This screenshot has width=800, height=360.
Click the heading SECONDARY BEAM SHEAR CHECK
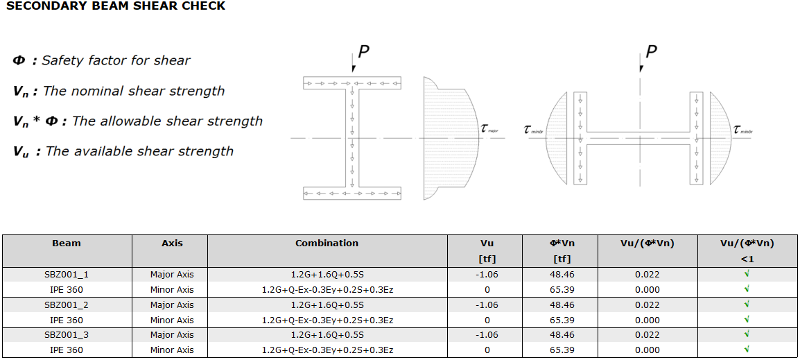coord(116,6)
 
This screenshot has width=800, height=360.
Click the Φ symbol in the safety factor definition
coord(19,61)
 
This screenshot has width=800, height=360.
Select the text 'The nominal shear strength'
coord(134,91)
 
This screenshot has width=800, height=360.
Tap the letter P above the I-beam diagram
coord(364,51)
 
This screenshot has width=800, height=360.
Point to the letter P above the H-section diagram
coord(651,51)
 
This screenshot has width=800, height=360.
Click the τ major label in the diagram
coord(489,128)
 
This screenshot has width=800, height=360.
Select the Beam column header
coord(67,243)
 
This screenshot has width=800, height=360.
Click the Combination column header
coord(327,243)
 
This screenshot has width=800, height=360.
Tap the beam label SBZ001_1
coord(67,275)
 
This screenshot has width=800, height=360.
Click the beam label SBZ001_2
coord(67,305)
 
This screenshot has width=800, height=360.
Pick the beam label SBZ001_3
coord(67,335)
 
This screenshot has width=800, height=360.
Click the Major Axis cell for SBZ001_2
coord(172,305)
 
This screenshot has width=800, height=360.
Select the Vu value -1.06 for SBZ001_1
coord(487,275)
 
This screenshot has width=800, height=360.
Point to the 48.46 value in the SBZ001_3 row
coord(562,335)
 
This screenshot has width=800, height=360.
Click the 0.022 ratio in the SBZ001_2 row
coord(647,305)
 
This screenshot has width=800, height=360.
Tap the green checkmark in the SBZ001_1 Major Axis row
coord(747,274)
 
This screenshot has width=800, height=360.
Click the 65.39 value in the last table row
coord(562,350)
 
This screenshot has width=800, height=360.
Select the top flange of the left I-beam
coord(353,83)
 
